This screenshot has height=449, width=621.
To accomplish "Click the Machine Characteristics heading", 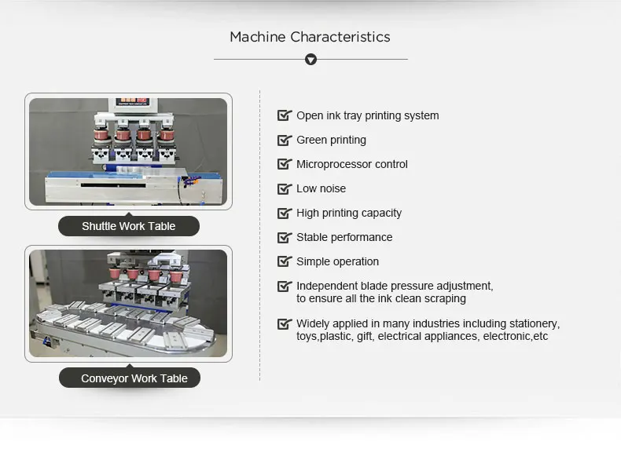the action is (x=310, y=37).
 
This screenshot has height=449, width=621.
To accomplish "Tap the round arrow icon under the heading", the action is (x=310, y=59).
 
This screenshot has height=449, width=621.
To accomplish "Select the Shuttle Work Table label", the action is (x=129, y=226).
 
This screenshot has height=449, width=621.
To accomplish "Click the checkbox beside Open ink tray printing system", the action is (x=284, y=115).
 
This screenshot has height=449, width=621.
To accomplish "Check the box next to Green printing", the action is (x=284, y=140).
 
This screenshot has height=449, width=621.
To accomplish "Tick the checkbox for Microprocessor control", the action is (x=284, y=164).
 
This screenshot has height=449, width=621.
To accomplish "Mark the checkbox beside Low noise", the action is (x=284, y=188).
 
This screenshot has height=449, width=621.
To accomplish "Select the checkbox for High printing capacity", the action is (x=284, y=213).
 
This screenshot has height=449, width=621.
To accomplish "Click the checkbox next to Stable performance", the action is (x=284, y=237).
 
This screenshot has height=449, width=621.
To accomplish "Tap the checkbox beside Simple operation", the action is (x=284, y=261).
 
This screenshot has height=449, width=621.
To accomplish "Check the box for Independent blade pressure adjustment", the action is (x=284, y=287).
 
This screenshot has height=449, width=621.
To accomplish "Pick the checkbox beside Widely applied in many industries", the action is (x=284, y=323).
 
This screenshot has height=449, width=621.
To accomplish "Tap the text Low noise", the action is (x=321, y=188).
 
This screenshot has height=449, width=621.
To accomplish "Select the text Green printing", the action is (x=331, y=140).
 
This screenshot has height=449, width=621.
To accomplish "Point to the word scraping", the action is (x=445, y=298).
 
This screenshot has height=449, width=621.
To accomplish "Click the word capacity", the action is (x=380, y=213).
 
